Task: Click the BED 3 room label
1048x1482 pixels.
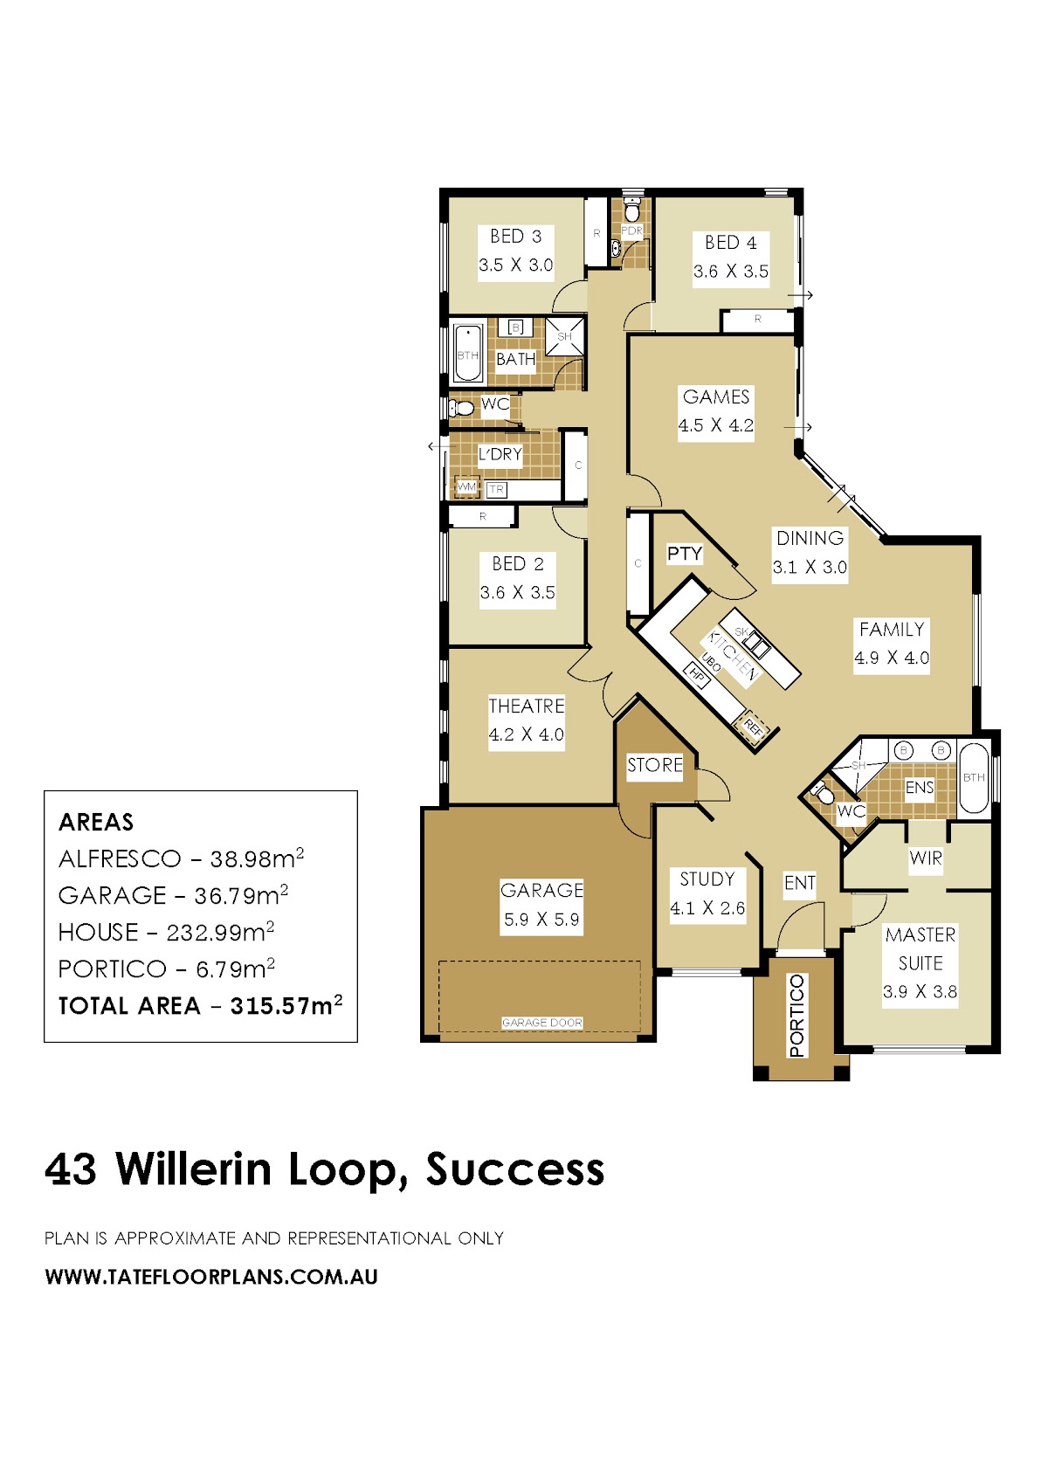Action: [515, 236]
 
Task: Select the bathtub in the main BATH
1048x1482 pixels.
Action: [468, 353]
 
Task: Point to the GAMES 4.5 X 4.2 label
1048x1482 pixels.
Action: [716, 410]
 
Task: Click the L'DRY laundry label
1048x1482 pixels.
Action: [500, 454]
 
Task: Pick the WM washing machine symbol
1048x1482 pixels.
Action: [466, 487]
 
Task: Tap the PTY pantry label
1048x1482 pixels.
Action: [684, 553]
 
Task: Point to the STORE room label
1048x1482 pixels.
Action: [654, 765]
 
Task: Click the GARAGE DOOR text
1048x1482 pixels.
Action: [541, 1022]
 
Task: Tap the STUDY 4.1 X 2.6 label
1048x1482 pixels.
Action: [707, 893]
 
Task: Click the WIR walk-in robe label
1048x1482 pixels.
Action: [925, 858]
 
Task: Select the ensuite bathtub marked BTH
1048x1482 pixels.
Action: [973, 777]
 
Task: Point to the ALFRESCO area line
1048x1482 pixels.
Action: [181, 858]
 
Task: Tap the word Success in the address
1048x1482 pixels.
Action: [514, 1169]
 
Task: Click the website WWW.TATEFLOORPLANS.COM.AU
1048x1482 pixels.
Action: [211, 1277]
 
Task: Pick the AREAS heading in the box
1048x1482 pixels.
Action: [96, 822]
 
